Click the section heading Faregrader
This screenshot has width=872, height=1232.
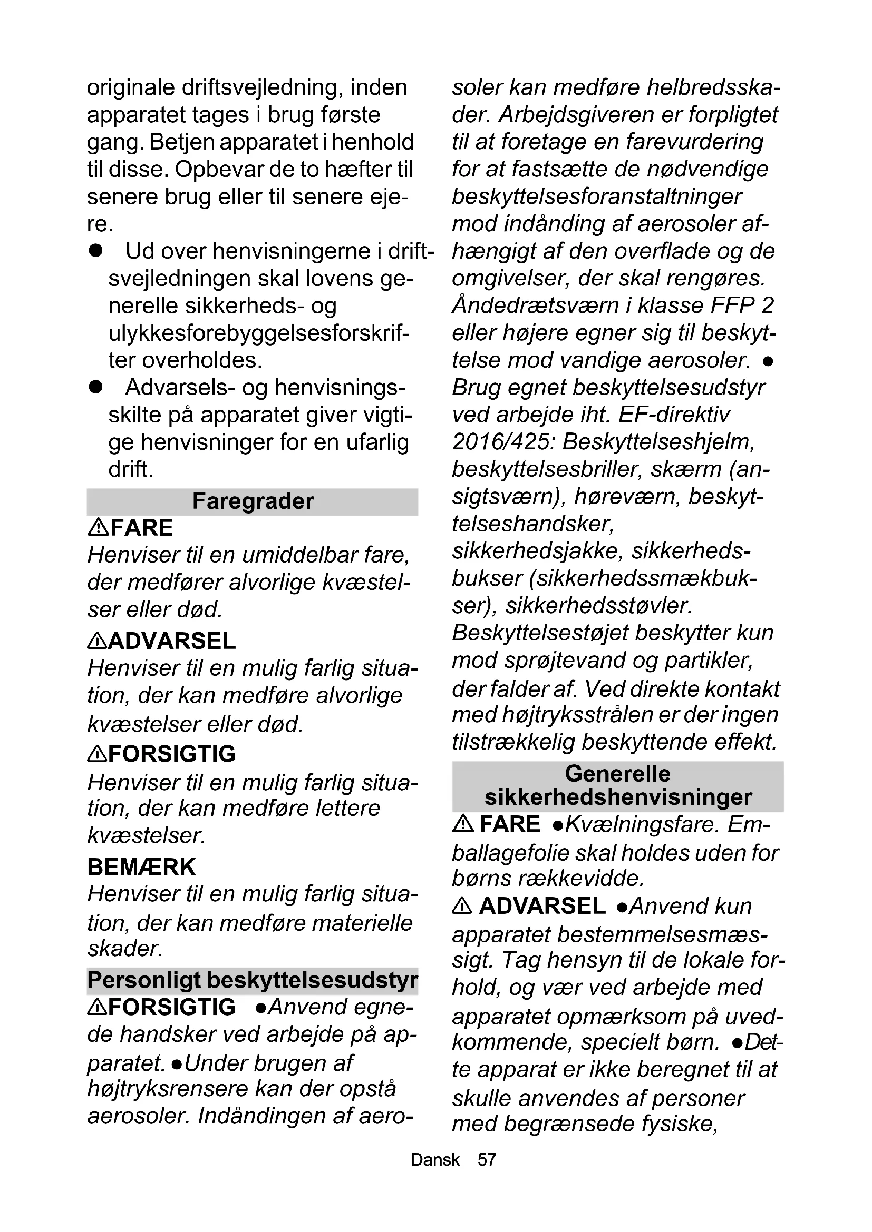coord(253,501)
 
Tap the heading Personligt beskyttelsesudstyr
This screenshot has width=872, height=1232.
coord(253,980)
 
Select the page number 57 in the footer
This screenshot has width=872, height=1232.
coord(487,1159)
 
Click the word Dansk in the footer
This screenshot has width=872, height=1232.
coord(435,1159)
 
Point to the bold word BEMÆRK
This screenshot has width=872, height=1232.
coord(141,866)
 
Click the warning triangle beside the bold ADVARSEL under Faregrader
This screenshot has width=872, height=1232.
coord(96,640)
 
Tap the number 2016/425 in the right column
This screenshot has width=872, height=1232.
coord(501,442)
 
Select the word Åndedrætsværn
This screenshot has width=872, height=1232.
coord(535,305)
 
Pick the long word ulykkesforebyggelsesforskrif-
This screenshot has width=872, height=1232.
coord(259,333)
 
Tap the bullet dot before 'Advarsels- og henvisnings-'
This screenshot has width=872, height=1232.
coord(96,388)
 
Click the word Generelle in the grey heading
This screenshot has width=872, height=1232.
coord(617,774)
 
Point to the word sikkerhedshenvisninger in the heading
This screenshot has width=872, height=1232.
coord(618,797)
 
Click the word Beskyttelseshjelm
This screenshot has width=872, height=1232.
coord(658,442)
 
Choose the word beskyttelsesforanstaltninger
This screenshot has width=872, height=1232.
coord(597,196)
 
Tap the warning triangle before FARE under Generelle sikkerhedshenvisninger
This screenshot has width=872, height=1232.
coord(462,824)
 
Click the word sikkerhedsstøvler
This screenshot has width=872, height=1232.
coord(599,606)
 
